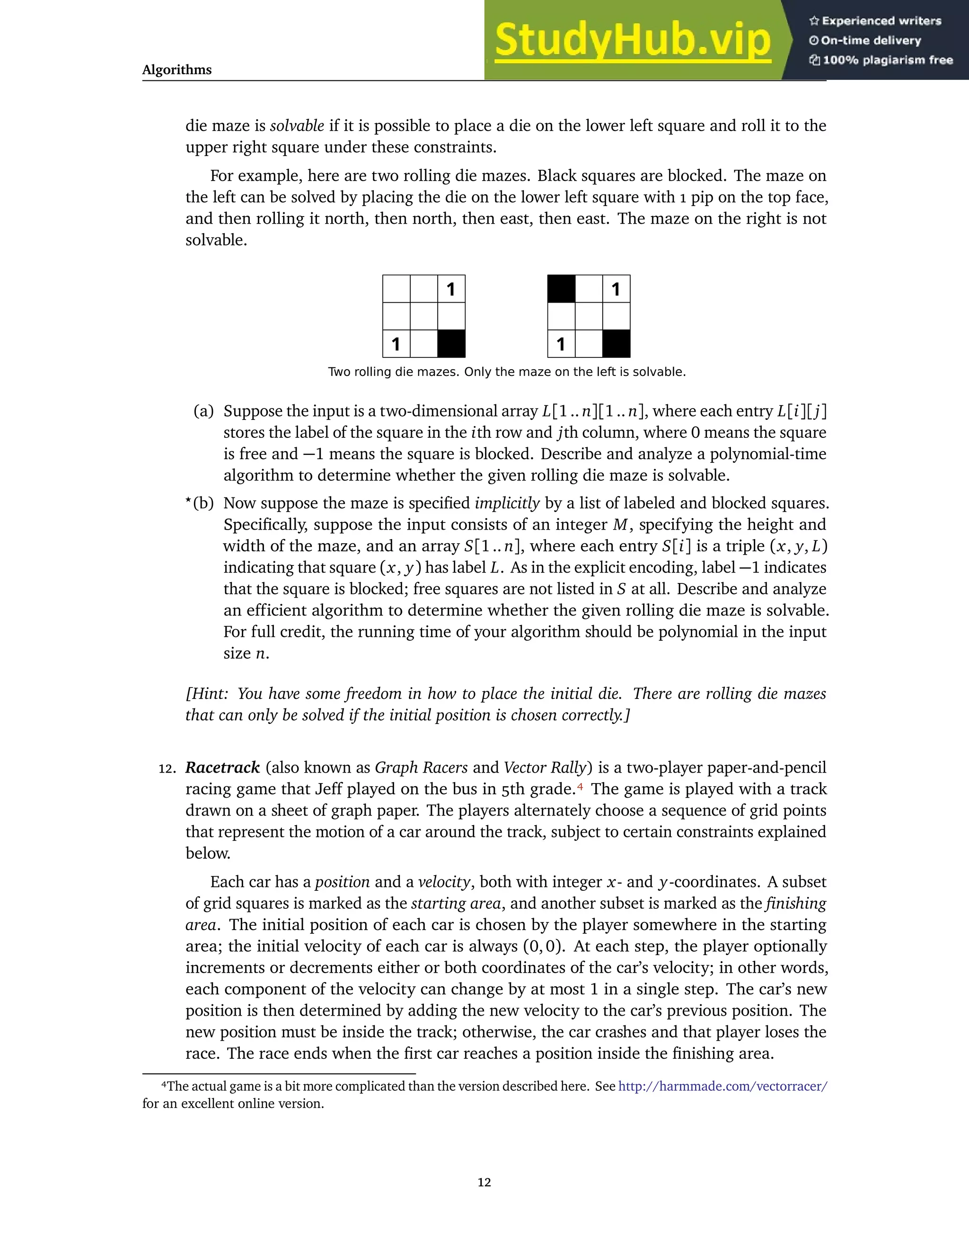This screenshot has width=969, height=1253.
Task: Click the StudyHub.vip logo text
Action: [633, 40]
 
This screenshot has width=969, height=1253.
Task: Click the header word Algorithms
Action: [177, 70]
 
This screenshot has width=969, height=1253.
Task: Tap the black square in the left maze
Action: [451, 344]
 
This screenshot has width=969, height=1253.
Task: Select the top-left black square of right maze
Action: [562, 288]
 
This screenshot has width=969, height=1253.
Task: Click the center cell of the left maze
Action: [423, 316]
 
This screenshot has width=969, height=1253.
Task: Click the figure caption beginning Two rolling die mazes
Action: [507, 372]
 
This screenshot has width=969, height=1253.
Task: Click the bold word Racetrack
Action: [223, 767]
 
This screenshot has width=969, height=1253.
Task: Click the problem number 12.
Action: [167, 769]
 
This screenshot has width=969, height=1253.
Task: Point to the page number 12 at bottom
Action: [484, 1183]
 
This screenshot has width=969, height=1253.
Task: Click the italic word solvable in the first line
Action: [297, 126]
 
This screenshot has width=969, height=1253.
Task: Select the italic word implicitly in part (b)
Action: [507, 503]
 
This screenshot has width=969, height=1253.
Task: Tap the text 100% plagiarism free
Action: [888, 60]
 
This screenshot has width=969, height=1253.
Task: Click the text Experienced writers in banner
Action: [881, 21]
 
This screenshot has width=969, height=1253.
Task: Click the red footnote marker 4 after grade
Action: [581, 786]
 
